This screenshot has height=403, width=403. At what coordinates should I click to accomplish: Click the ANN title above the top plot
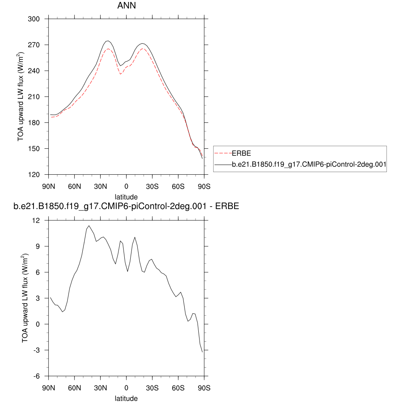(x=126, y=6)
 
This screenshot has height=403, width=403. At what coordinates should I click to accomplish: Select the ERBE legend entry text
(x=241, y=153)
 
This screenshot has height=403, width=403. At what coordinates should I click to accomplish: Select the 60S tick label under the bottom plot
(x=178, y=388)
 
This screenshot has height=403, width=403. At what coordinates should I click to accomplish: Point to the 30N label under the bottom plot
(x=100, y=388)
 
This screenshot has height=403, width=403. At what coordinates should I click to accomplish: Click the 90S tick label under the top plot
(x=204, y=186)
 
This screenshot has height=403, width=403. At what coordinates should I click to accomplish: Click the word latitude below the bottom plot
(x=126, y=398)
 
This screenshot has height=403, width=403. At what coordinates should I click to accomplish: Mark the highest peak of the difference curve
(x=89, y=226)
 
